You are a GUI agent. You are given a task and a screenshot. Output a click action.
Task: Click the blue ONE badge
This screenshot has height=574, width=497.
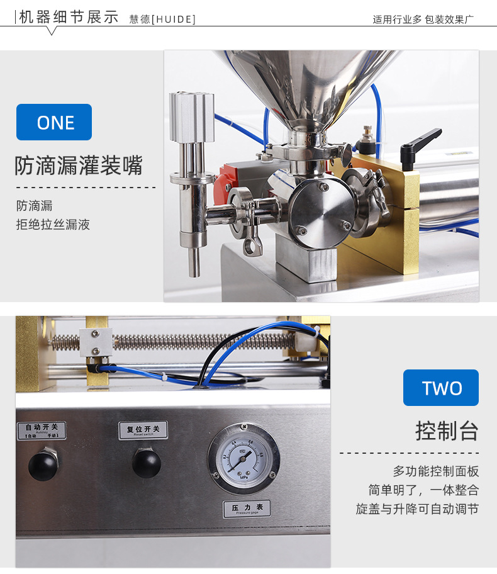click(x=54, y=122)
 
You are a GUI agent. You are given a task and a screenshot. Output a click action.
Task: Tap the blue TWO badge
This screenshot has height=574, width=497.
click(x=441, y=388)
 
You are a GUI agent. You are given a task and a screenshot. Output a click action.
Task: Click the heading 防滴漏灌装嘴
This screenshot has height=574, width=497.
click(x=79, y=166)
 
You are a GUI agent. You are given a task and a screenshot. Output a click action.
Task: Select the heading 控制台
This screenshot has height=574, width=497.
click(x=447, y=431)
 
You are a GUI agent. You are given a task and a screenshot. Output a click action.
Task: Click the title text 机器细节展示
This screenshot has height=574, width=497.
click(x=69, y=17)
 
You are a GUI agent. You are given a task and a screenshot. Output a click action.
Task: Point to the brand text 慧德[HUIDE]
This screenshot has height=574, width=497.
click(x=162, y=19)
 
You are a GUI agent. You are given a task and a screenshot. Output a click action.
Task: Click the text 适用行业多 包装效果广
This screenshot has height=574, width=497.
click(x=423, y=19)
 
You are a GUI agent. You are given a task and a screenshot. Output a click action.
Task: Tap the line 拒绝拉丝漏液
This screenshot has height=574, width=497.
click(x=53, y=224)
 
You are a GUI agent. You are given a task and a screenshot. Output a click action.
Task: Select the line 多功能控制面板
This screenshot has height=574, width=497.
click(x=436, y=471)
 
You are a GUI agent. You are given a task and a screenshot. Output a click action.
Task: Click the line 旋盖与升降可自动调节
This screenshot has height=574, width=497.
click(x=417, y=509)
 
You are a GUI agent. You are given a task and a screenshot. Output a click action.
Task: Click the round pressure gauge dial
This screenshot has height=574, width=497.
click(x=244, y=458)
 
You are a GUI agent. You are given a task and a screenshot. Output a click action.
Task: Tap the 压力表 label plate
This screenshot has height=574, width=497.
click(x=247, y=509)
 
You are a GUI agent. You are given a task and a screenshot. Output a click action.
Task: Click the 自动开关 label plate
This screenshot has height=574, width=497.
click(x=42, y=431)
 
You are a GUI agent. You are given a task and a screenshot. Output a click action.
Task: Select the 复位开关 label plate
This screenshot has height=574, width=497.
click(x=143, y=430)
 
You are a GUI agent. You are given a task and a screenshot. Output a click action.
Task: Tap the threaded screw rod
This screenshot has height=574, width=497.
click(x=189, y=342)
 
